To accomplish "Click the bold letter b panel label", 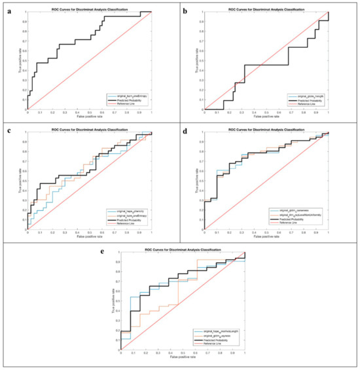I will pos(187,10).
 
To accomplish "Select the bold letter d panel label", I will pos(187,130).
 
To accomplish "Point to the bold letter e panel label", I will pos(99,252).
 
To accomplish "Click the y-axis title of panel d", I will pos(192,177).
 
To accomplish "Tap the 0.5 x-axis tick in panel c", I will pos(89,231).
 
